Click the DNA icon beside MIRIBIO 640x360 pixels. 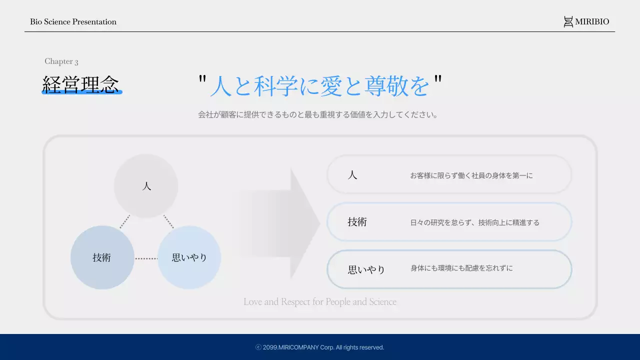568,21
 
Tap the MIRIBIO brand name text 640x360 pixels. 592,22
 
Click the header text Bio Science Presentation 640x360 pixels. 73,22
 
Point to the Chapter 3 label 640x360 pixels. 61,61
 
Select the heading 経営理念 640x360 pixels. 80,84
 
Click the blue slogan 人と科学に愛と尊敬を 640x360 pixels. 319,85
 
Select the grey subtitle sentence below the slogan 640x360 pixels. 318,114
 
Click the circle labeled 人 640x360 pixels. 146,186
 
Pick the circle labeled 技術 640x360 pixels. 102,257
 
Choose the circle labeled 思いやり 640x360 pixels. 189,257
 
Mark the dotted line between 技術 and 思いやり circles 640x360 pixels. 146,258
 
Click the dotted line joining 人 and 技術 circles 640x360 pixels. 124,221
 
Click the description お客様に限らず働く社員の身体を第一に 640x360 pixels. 471,175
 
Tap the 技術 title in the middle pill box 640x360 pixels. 357,222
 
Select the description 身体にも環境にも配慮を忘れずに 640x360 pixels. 461,268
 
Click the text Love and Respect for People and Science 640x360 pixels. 320,302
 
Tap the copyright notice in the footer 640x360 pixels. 320,347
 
